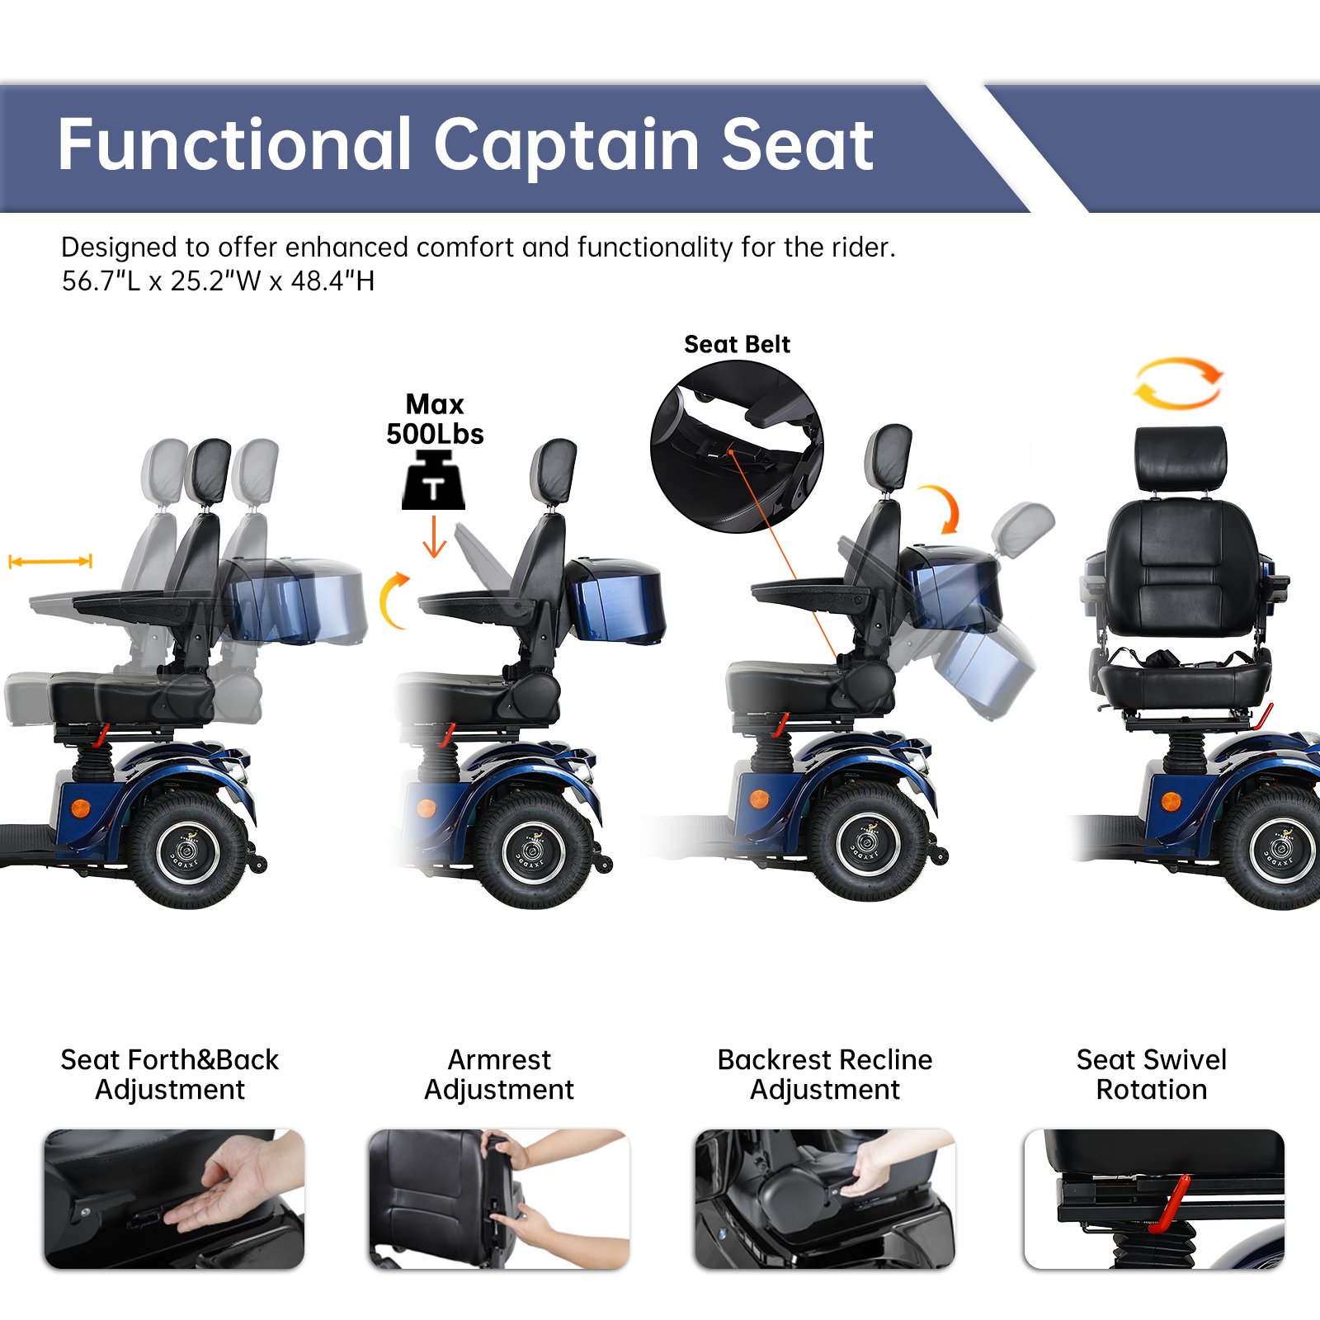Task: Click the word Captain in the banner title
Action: point(565,146)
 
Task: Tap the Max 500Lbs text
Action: point(435,419)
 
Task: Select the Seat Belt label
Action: point(737,344)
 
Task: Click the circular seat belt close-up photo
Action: point(737,446)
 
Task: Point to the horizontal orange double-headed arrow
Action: point(50,562)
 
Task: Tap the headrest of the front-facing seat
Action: point(1180,459)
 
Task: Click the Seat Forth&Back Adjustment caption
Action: point(170,1074)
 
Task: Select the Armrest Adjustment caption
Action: point(499,1074)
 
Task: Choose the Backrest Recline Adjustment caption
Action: point(824,1074)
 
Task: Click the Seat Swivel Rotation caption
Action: point(1151,1074)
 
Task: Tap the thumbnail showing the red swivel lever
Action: point(1153,1199)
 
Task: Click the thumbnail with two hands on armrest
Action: point(499,1199)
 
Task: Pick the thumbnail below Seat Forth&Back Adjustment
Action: point(174,1199)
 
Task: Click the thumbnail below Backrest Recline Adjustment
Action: point(824,1199)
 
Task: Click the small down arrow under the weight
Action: point(434,537)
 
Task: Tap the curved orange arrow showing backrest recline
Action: point(944,507)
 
